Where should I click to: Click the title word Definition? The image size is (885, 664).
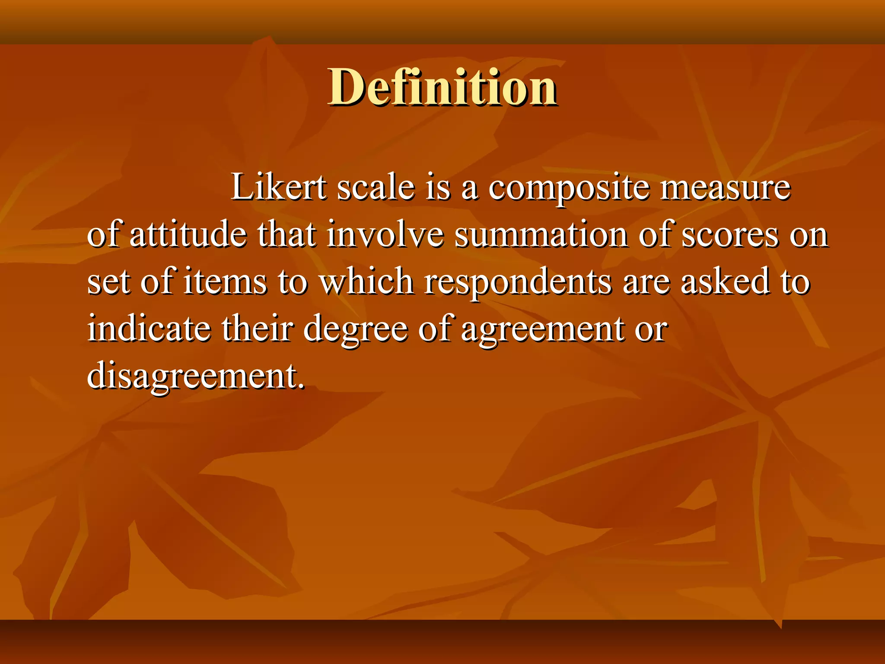(x=442, y=87)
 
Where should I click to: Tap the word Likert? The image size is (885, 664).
(x=279, y=187)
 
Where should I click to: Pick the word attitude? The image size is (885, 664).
(x=188, y=234)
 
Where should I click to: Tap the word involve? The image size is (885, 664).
(x=385, y=234)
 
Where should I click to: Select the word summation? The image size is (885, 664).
(x=541, y=234)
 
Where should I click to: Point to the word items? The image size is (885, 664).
(x=225, y=281)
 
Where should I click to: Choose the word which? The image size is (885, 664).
(x=366, y=281)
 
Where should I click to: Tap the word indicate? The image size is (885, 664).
(x=149, y=328)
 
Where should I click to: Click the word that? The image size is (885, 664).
(x=287, y=234)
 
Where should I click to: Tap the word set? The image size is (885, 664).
(x=108, y=281)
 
